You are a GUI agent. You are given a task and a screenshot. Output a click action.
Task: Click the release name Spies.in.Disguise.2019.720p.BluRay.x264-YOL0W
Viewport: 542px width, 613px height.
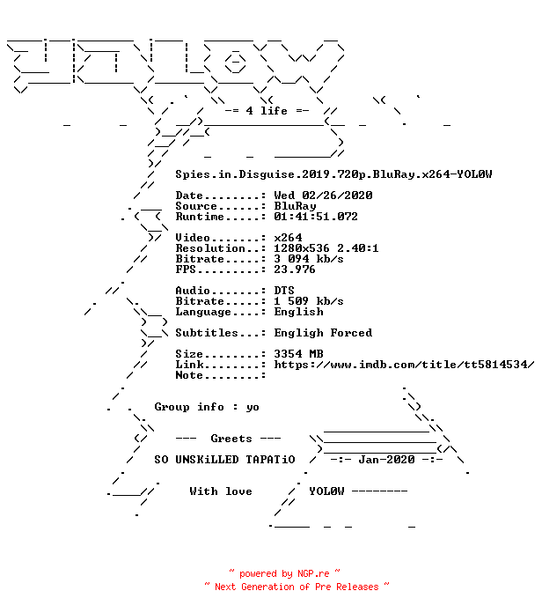(x=333, y=174)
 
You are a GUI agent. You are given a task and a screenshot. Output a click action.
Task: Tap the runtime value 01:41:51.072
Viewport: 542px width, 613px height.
(x=316, y=216)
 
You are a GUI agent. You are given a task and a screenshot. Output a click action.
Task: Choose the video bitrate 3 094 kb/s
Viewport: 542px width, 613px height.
(x=309, y=258)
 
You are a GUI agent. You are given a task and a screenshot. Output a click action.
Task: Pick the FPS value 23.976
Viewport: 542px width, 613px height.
(x=295, y=269)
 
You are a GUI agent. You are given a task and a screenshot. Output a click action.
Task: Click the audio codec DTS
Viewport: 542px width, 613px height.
(x=284, y=290)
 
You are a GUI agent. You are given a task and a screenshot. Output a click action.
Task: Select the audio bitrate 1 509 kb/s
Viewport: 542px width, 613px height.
(x=309, y=300)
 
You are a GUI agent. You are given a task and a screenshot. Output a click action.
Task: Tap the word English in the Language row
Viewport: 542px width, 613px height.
(x=299, y=312)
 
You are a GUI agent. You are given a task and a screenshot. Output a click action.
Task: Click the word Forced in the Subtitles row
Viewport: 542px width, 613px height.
(x=351, y=332)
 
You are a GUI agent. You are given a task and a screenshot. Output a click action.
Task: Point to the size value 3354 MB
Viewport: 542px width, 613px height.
(x=299, y=353)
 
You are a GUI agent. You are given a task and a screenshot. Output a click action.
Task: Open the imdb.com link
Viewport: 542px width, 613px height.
(x=404, y=365)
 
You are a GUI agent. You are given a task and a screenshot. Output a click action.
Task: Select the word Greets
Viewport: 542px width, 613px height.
(x=231, y=439)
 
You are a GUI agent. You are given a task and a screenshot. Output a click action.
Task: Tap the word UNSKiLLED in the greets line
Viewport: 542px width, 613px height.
(x=207, y=460)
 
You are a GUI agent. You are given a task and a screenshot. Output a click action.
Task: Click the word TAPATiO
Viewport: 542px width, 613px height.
(x=270, y=460)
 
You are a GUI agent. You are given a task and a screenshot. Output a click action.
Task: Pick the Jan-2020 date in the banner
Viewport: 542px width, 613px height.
(x=386, y=460)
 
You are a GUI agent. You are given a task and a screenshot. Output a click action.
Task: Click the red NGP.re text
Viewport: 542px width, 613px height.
(x=313, y=573)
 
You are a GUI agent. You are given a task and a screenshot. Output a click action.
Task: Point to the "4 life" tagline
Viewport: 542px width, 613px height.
(x=267, y=111)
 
